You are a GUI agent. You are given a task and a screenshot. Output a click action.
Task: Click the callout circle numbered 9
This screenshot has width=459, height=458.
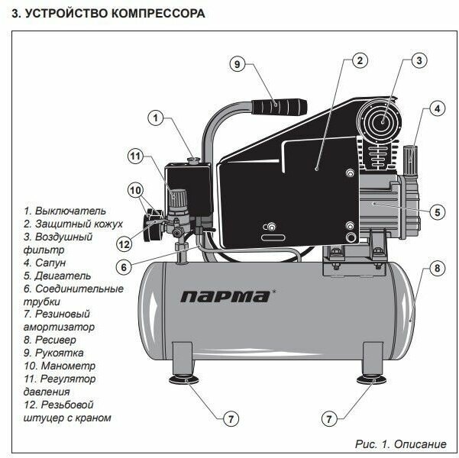(x=238, y=65)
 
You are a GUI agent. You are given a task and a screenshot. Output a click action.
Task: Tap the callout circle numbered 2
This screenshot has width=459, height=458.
(x=360, y=60)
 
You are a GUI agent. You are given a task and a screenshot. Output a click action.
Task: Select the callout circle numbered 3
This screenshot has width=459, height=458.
(x=419, y=60)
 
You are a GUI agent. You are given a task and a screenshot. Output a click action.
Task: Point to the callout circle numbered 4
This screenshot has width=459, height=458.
(x=438, y=108)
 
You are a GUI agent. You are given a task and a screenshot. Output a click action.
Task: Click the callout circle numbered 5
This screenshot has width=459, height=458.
(x=438, y=211)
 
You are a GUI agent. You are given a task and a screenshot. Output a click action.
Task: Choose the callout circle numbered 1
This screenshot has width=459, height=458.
(x=156, y=118)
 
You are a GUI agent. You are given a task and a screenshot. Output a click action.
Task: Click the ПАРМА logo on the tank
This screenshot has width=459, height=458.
(x=224, y=296)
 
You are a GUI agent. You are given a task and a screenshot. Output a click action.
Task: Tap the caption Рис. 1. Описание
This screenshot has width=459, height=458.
(x=402, y=443)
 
